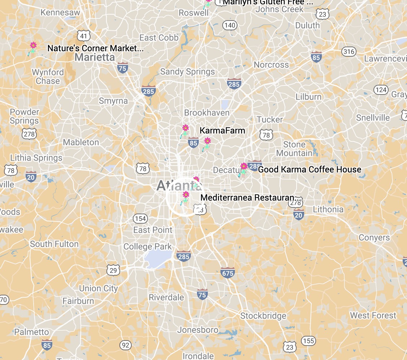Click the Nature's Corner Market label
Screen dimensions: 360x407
(95, 48)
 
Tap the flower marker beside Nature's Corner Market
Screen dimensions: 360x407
(33, 48)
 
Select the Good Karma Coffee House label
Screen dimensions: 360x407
(310, 169)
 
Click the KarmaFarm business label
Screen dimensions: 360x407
(222, 131)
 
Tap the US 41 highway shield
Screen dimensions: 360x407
(84, 36)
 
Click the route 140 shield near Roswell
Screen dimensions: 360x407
(230, 25)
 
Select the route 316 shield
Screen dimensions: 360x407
(349, 52)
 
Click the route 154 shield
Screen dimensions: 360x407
(140, 218)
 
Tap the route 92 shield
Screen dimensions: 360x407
(126, 345)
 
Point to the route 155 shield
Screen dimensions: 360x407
(309, 341)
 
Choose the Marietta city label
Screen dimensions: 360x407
(95, 57)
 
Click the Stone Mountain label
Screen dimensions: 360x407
(294, 149)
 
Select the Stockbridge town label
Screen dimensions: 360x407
(263, 316)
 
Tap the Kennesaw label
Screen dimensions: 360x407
(60, 13)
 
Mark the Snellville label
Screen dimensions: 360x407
(373, 118)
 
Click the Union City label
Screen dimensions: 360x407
(98, 288)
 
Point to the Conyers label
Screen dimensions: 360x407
(374, 238)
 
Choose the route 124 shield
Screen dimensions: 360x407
(381, 89)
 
